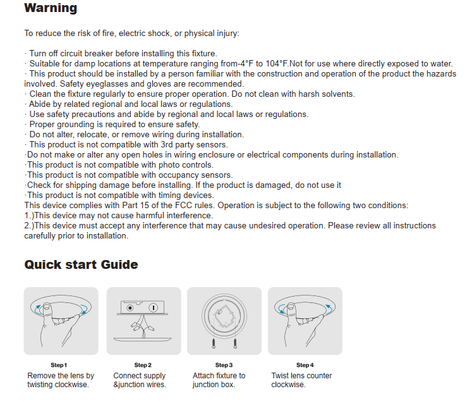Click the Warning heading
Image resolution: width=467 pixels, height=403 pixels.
pyautogui.click(x=51, y=9)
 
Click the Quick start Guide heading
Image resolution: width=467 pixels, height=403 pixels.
pyautogui.click(x=81, y=264)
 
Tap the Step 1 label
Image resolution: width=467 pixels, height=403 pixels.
pyautogui.click(x=59, y=365)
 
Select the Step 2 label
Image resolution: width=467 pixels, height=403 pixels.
pyautogui.click(x=143, y=365)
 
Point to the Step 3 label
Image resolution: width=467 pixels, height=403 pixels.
pyautogui.click(x=224, y=365)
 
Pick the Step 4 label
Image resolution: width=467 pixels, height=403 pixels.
pyautogui.click(x=305, y=365)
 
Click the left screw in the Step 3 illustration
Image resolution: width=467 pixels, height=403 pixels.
pyautogui.click(x=214, y=344)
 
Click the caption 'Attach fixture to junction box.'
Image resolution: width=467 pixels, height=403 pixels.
pyautogui.click(x=219, y=380)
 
